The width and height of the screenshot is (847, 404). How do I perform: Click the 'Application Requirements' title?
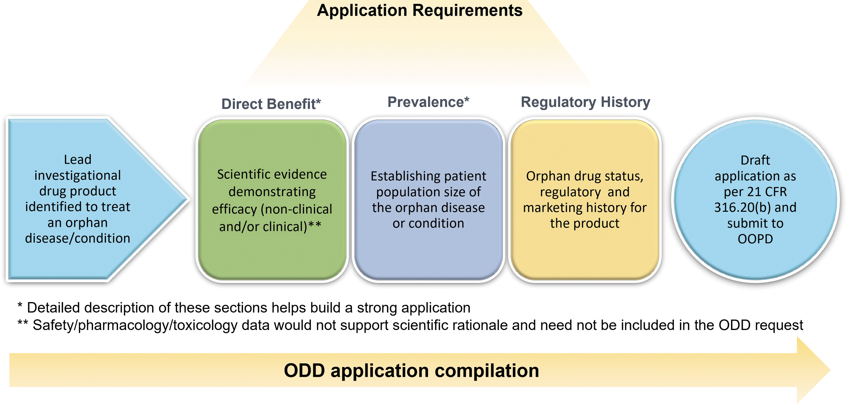coord(420,10)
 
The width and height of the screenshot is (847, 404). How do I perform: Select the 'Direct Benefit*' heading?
coord(271,104)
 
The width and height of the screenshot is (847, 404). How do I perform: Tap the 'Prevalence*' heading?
coord(428,102)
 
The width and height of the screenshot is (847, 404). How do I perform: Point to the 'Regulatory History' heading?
coord(586,102)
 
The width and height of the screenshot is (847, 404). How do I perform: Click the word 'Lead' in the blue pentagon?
coord(78,160)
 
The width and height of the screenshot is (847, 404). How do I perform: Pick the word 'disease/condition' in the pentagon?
coord(78,238)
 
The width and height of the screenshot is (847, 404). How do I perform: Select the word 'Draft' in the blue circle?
coord(755,160)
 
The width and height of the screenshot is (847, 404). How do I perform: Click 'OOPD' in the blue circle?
coord(755,239)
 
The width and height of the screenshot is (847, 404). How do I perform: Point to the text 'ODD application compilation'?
coord(411,370)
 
